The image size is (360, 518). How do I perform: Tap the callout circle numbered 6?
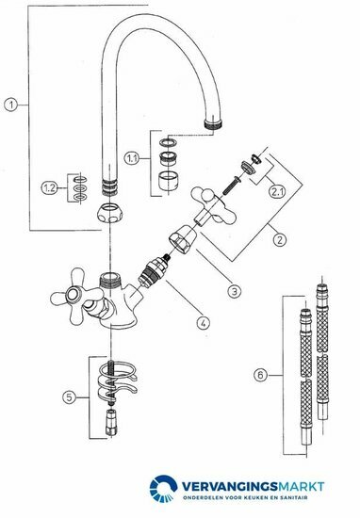tap(261, 375)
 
